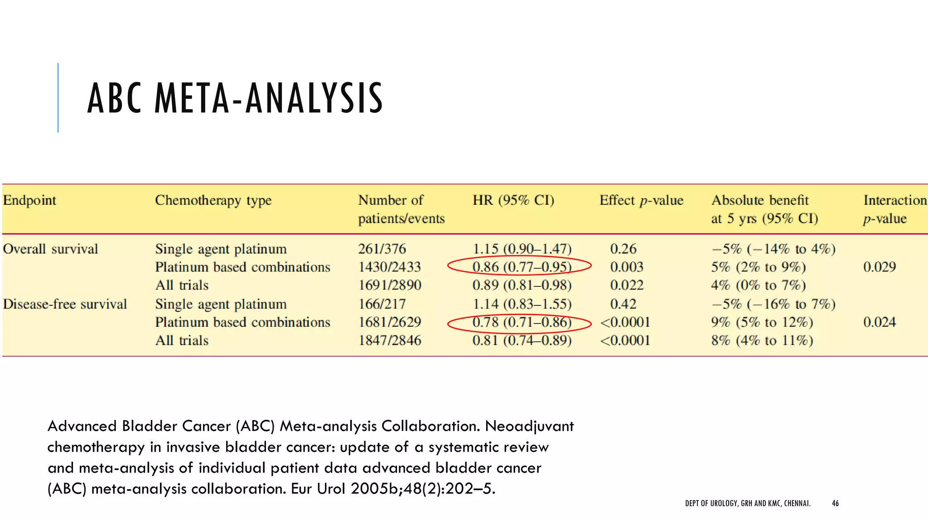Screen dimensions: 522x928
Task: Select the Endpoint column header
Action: pyautogui.click(x=29, y=200)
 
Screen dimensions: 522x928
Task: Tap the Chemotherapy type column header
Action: pyautogui.click(x=213, y=200)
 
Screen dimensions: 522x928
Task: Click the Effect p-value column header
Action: pyautogui.click(x=641, y=200)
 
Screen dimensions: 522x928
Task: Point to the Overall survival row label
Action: pyautogui.click(x=50, y=249)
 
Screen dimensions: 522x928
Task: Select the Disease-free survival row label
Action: pyautogui.click(x=65, y=304)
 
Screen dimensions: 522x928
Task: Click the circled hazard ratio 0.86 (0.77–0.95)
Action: pyautogui.click(x=522, y=267)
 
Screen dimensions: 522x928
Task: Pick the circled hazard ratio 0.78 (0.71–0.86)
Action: pyautogui.click(x=522, y=322)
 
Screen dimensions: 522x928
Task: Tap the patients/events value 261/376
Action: pyautogui.click(x=382, y=249)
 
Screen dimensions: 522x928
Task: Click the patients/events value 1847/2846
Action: pyautogui.click(x=390, y=340)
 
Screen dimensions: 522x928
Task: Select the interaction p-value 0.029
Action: pyautogui.click(x=879, y=267)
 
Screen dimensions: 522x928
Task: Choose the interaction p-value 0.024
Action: pyautogui.click(x=879, y=322)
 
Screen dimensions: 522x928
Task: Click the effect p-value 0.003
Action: pyautogui.click(x=627, y=267)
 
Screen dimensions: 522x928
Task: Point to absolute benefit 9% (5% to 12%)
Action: pyautogui.click(x=762, y=322)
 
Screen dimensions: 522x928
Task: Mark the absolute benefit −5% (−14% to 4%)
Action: pyautogui.click(x=773, y=249)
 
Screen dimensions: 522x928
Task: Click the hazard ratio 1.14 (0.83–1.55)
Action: pyautogui.click(x=522, y=304)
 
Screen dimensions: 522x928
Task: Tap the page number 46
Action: pyautogui.click(x=835, y=503)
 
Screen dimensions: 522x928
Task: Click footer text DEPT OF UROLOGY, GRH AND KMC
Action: pyautogui.click(x=748, y=503)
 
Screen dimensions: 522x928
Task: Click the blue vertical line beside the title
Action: pyautogui.click(x=58, y=98)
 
